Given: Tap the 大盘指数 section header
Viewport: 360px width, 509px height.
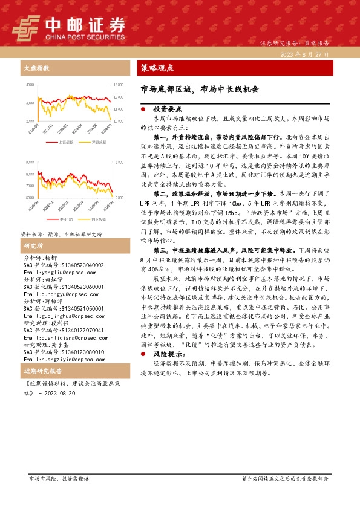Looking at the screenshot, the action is [x=36, y=68].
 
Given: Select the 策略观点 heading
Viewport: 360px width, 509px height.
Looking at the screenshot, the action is [x=157, y=68].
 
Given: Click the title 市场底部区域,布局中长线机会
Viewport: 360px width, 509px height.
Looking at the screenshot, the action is [x=199, y=89].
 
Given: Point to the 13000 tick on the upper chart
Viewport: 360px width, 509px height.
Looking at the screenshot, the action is [x=119, y=85].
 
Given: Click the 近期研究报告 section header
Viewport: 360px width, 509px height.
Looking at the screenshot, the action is [x=42, y=371].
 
